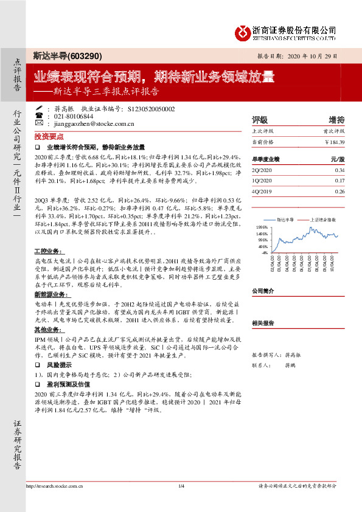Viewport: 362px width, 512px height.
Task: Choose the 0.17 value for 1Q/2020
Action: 339,181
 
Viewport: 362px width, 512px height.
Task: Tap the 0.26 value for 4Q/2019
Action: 339,190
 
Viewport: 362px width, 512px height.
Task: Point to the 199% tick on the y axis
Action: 262,226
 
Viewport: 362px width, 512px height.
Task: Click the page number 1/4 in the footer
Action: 181,486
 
